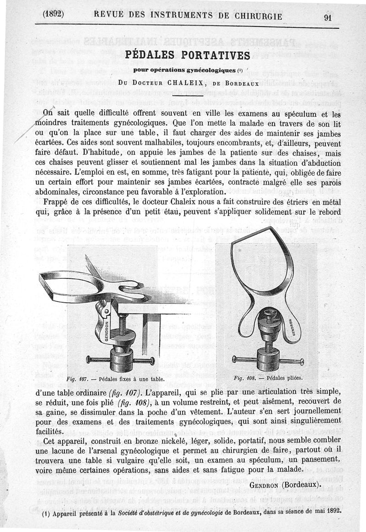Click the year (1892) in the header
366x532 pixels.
[x=53, y=14]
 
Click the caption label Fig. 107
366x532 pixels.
[x=77, y=379]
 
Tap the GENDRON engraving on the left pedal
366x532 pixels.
[x=106, y=328]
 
